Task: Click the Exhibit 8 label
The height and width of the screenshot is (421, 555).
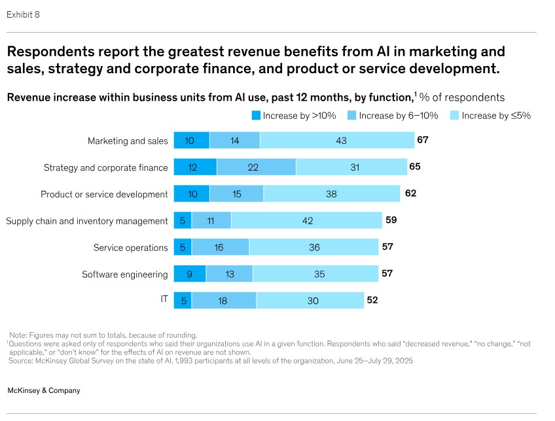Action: [x=23, y=14]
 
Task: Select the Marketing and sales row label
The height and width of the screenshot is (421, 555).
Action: [x=128, y=141]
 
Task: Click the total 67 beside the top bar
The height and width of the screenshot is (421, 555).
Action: [x=422, y=140]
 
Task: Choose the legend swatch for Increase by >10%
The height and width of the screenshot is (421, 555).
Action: [x=256, y=116]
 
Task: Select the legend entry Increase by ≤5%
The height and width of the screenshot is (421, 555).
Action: [x=495, y=116]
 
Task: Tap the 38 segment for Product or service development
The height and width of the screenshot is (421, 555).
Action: [x=331, y=194]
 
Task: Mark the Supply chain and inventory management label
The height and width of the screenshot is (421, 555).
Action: [x=87, y=221]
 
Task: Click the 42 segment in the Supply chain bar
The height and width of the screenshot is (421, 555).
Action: [x=306, y=221]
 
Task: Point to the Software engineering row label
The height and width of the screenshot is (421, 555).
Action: [x=125, y=274]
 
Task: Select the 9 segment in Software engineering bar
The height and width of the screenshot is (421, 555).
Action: [x=189, y=274]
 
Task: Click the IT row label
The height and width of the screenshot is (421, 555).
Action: [x=164, y=299]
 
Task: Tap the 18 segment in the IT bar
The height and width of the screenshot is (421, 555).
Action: [x=224, y=301]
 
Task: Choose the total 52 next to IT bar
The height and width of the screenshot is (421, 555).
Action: [x=372, y=300]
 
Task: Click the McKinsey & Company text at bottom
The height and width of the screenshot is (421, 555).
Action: [x=43, y=390]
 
